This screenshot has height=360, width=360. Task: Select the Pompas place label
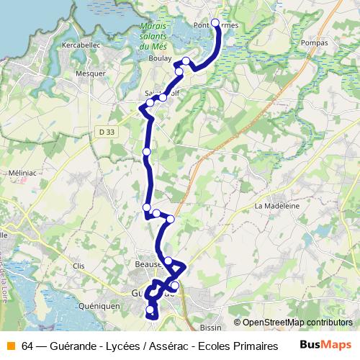[x=316, y=42]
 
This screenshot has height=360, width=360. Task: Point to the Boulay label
[x=158, y=58]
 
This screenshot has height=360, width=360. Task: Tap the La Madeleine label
[x=276, y=205]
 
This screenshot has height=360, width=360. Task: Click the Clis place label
[x=79, y=266]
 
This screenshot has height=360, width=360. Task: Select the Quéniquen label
[x=100, y=305]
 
